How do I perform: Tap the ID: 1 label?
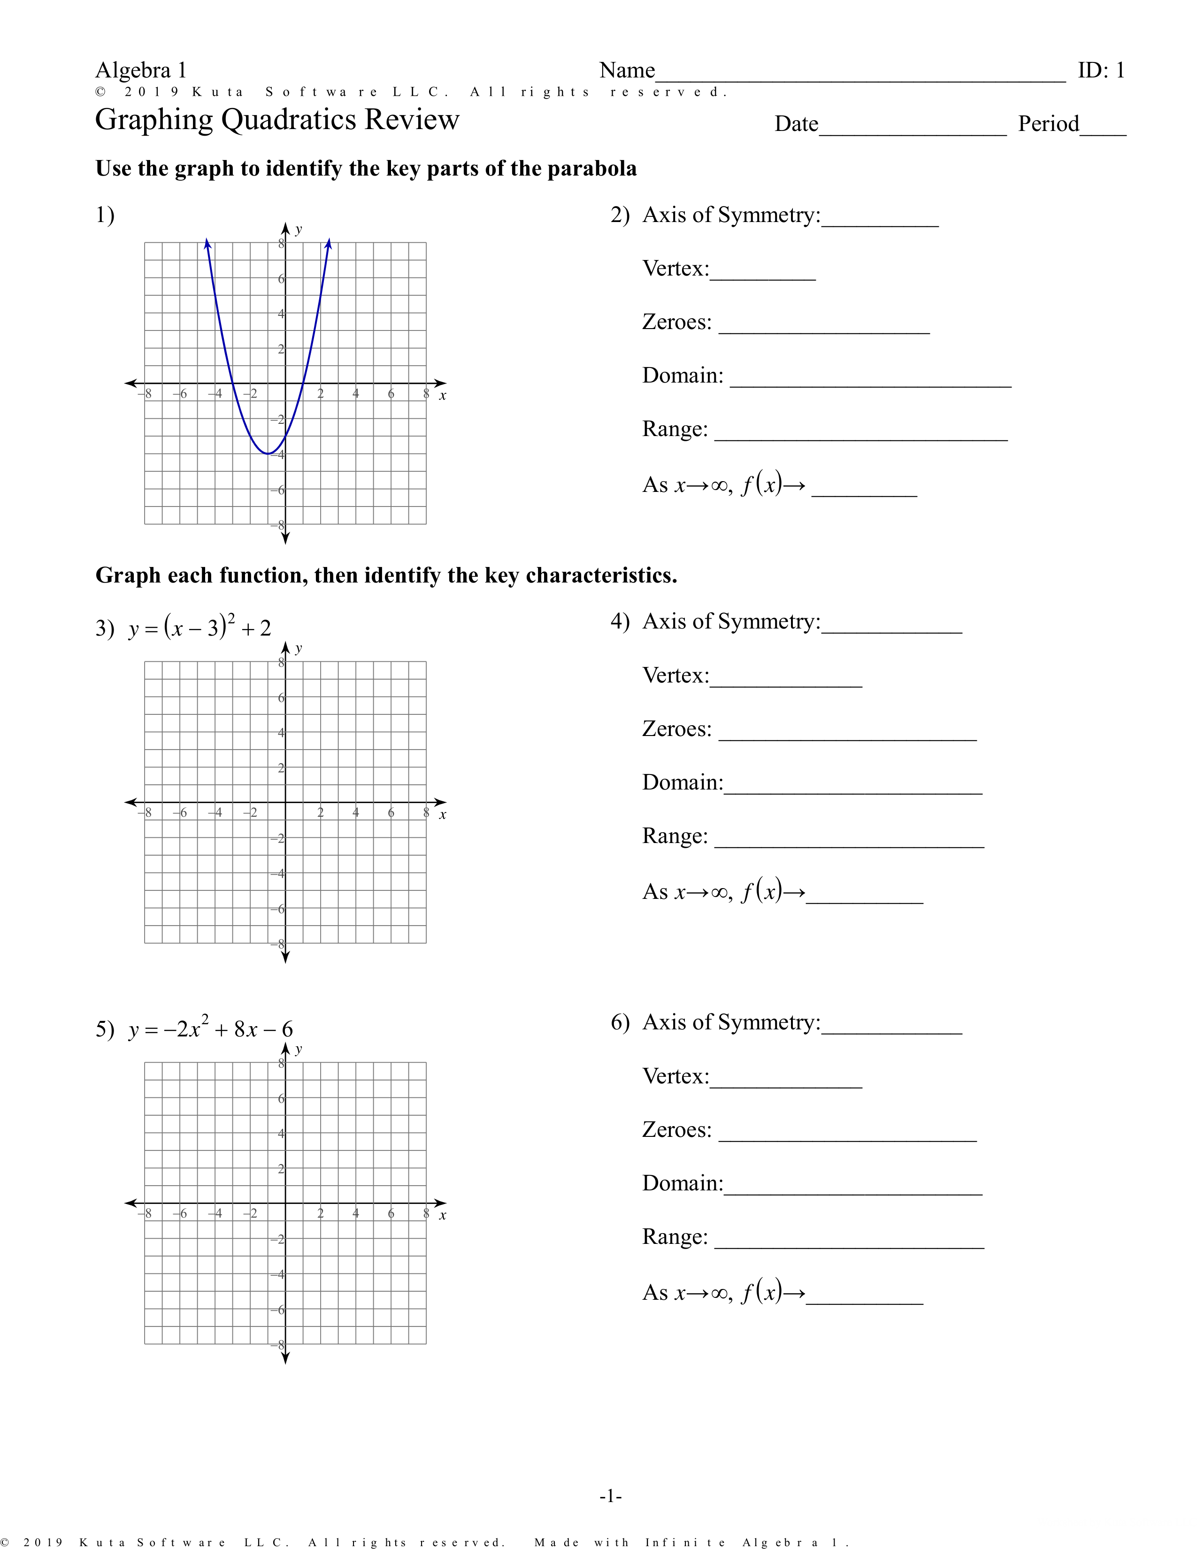click(1101, 70)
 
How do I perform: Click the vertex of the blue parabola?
click(268, 453)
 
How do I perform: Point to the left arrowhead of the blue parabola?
click(207, 243)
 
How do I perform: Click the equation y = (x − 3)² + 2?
click(200, 628)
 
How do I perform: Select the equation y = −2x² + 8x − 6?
click(211, 1028)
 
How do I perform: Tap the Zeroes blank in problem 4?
click(847, 736)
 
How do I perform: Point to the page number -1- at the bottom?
click(611, 1496)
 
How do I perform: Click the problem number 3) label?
click(105, 629)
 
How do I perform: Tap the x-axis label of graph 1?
click(443, 396)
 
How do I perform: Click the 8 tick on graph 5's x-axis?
click(425, 1213)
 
